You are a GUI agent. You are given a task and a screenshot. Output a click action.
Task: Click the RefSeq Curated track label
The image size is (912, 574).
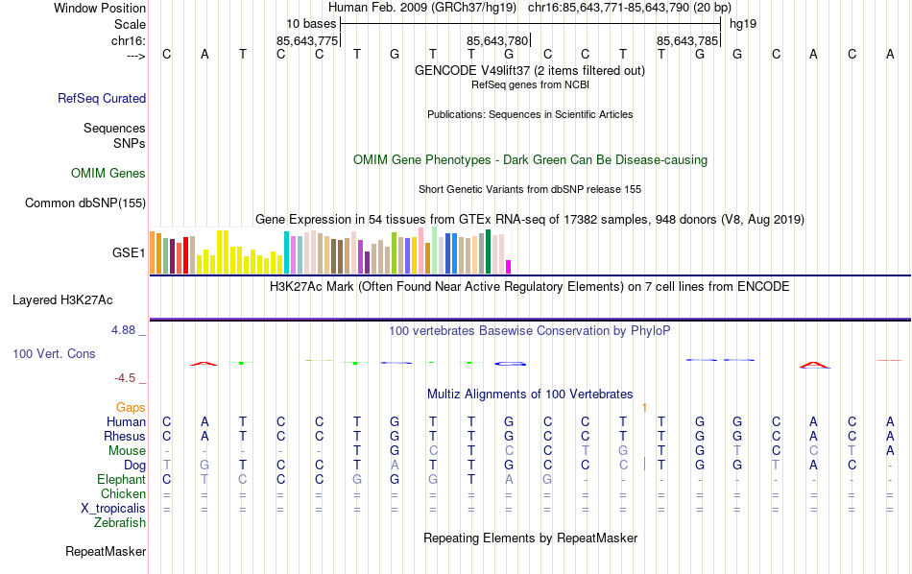(x=102, y=98)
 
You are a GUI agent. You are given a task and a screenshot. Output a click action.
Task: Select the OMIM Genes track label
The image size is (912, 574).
(x=108, y=174)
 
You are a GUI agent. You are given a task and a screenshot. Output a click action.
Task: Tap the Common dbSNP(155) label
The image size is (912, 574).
(x=85, y=203)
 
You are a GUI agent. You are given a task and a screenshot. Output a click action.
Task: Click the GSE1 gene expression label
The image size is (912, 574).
(x=129, y=253)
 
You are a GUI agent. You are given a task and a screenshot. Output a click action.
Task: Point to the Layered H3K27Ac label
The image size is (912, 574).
(x=62, y=299)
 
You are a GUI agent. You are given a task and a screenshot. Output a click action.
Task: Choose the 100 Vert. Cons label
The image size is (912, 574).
(x=54, y=354)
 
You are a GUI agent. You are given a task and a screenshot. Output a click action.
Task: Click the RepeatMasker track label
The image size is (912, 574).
(x=106, y=552)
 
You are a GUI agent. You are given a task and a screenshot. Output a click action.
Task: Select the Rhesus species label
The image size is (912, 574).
(x=124, y=436)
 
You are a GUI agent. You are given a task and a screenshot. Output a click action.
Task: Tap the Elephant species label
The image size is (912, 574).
(x=121, y=479)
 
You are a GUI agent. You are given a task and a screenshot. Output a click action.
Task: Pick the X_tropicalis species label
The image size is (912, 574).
(x=113, y=508)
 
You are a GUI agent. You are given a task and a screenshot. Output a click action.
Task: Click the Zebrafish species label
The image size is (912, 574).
(x=120, y=522)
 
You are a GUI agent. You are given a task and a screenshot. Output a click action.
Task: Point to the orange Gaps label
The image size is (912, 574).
(x=132, y=407)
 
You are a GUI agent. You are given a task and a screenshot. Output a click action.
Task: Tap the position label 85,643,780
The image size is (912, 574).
(x=497, y=41)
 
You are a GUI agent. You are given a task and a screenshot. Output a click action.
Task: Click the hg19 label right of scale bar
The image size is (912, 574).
(x=743, y=23)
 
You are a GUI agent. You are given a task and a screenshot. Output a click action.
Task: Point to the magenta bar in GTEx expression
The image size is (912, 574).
(x=509, y=267)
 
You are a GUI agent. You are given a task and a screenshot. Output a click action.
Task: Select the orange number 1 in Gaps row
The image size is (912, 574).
(x=644, y=407)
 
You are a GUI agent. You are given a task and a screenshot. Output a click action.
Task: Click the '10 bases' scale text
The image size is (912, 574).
(x=311, y=23)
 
